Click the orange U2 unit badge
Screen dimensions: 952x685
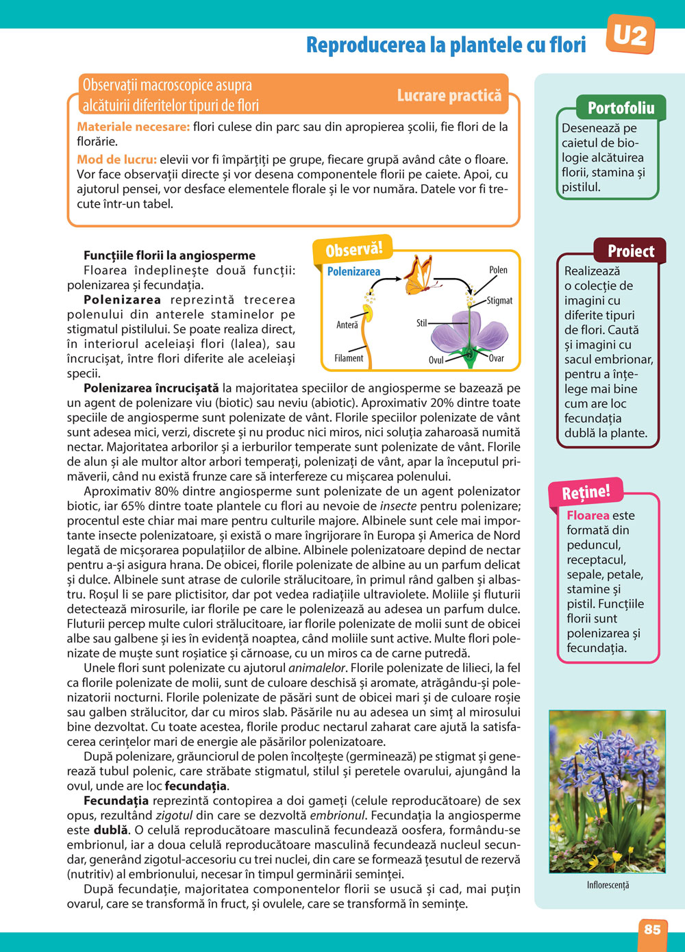(x=630, y=34)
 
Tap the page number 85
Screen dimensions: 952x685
(x=652, y=929)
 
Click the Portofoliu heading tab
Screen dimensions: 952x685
(x=621, y=108)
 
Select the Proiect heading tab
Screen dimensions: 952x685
(x=630, y=251)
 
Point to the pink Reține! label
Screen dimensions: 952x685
(x=586, y=492)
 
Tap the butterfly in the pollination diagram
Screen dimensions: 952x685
(x=418, y=275)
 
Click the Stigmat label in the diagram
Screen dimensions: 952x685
(x=500, y=301)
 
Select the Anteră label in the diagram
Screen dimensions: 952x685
(x=347, y=325)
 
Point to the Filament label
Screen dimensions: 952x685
(x=349, y=358)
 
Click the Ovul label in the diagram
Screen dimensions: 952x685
(x=436, y=360)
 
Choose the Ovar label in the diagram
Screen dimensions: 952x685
(x=497, y=358)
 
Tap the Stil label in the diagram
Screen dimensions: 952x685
(x=422, y=323)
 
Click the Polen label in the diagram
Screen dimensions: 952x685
(x=498, y=270)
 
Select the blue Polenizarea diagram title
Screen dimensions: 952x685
(x=353, y=272)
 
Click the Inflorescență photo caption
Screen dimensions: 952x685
(x=608, y=885)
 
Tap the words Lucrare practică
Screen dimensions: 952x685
(x=449, y=96)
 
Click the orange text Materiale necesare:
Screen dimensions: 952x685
(x=133, y=127)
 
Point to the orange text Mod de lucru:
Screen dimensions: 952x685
(x=116, y=160)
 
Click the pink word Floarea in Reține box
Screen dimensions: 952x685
(x=588, y=516)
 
